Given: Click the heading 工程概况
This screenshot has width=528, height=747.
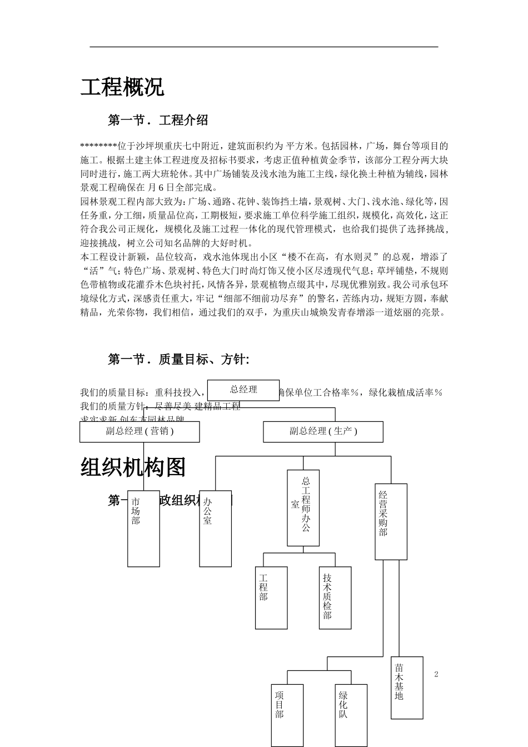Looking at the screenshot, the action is [x=122, y=87].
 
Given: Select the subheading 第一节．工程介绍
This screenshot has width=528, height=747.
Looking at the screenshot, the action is [x=158, y=120].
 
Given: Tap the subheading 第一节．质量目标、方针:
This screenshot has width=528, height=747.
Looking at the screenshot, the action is [x=178, y=360].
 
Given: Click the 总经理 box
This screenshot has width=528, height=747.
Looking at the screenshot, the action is [x=243, y=390].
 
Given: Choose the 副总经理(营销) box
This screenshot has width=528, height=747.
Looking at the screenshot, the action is [x=140, y=431].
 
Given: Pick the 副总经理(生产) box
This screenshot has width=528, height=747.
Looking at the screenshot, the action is [x=323, y=431].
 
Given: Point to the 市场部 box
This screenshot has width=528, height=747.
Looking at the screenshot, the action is [x=143, y=528].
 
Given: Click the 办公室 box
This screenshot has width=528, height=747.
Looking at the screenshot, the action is [x=215, y=528].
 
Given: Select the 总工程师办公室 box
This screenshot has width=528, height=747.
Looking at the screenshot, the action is [x=303, y=508].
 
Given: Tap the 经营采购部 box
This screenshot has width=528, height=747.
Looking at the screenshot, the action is [x=391, y=521].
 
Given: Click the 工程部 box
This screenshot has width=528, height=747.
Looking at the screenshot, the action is [x=271, y=597].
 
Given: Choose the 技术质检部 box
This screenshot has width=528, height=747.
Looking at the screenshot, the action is [x=335, y=597].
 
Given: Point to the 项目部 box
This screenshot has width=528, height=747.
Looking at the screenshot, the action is [x=287, y=715].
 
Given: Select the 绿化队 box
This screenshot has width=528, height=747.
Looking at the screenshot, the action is [x=351, y=715].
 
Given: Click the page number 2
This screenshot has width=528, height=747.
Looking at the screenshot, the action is [x=436, y=674].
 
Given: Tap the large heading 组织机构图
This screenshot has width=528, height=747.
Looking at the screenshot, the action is [x=133, y=467].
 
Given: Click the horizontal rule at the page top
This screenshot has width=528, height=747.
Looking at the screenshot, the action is [x=264, y=47].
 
